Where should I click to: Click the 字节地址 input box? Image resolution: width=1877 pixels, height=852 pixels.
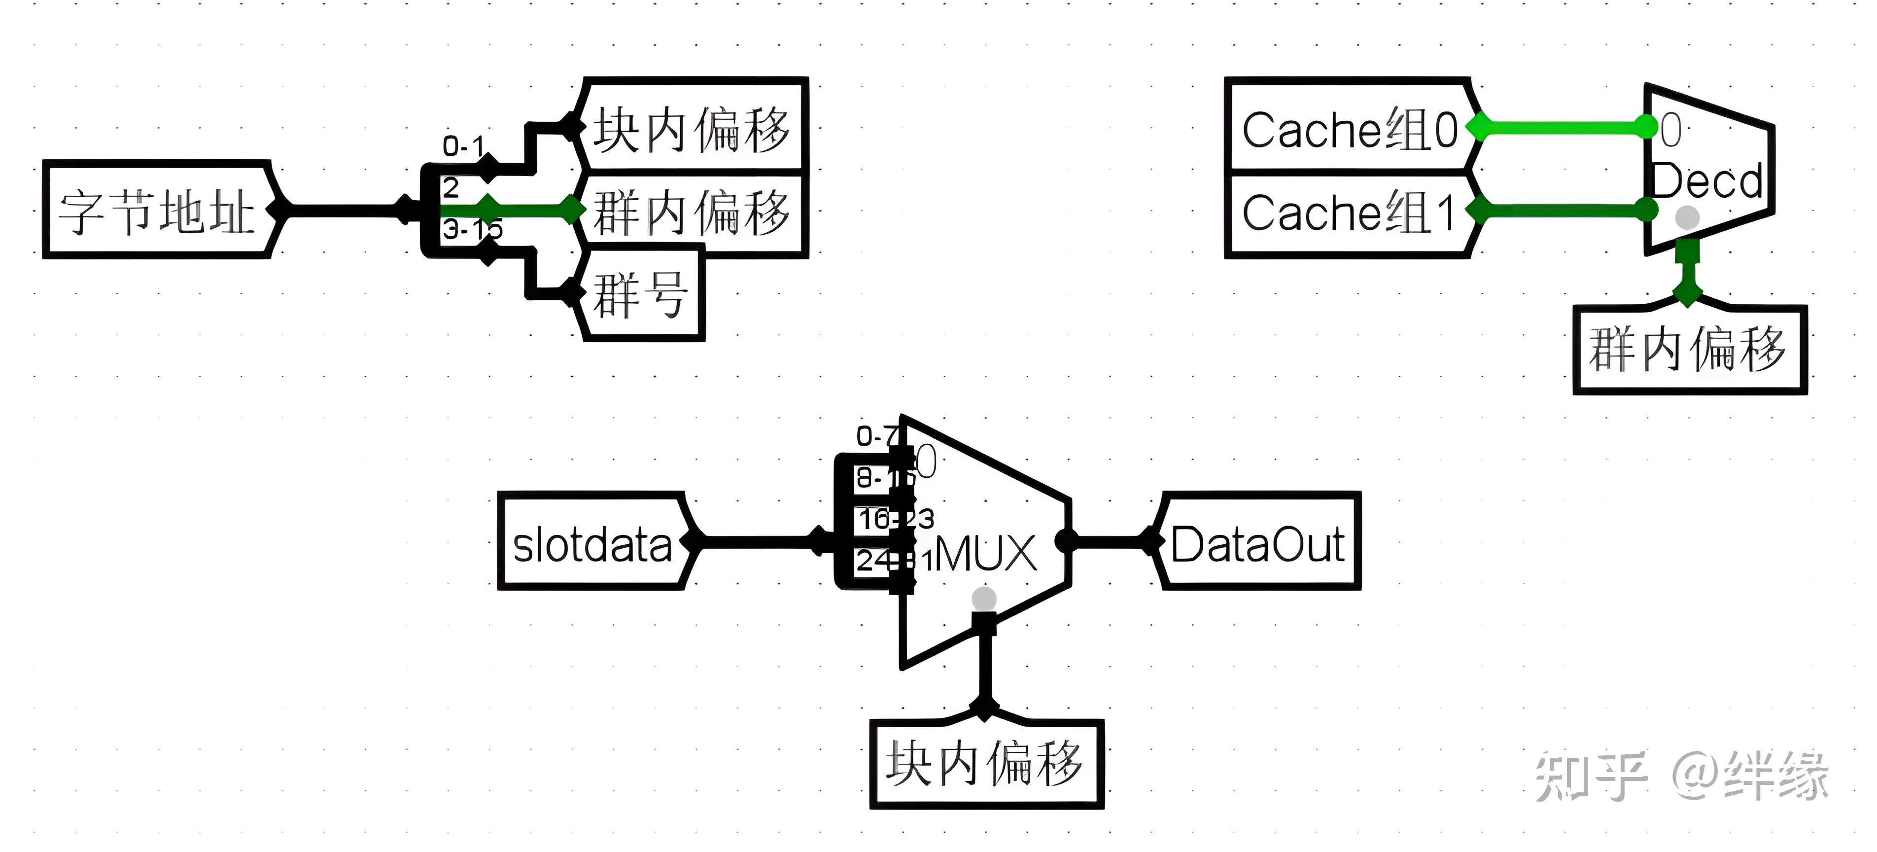point(157,210)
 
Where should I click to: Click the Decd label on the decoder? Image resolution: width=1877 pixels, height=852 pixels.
point(1706,181)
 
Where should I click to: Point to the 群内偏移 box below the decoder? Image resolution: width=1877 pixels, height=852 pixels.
point(1689,350)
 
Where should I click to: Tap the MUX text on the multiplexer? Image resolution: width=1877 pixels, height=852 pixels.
point(985,554)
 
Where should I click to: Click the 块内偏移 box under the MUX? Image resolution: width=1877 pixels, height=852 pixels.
point(985,764)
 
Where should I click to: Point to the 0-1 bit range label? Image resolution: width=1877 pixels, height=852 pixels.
point(463,146)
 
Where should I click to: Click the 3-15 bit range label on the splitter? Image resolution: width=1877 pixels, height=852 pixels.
point(472,230)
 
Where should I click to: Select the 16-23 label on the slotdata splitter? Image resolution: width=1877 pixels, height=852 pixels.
point(895,519)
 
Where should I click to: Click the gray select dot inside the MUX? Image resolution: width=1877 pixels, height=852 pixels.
point(984,599)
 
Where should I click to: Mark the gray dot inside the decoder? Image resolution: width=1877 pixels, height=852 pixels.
point(1688,217)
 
